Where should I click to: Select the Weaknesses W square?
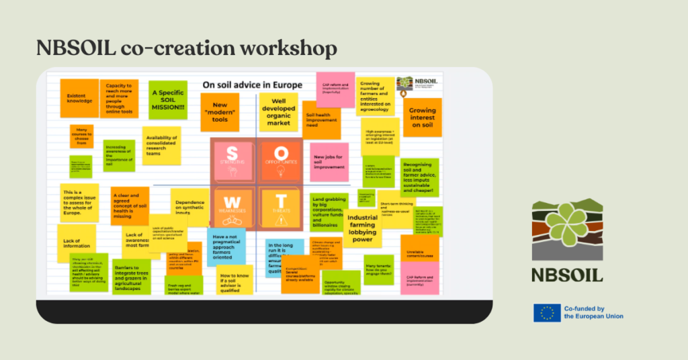click(232, 207)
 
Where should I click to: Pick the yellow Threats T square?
click(279, 207)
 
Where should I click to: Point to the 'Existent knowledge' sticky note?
click(76, 97)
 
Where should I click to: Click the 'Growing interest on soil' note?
click(423, 118)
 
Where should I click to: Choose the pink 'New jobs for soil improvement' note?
click(329, 162)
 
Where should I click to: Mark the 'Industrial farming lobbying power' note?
click(363, 229)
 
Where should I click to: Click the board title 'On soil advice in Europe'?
click(253, 85)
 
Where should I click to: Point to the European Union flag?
click(547, 312)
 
